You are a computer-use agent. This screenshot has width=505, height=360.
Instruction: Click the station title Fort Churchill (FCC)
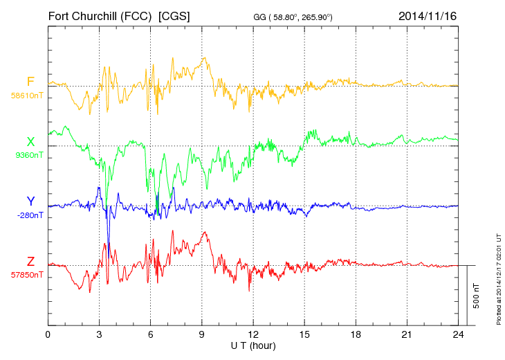pos(101,15)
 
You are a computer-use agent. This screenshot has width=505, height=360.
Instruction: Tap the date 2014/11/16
pos(428,15)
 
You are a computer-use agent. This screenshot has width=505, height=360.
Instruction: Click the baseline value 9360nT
pos(28,155)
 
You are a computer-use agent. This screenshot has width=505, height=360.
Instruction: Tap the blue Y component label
pos(30,201)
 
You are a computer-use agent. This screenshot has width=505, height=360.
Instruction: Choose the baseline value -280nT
pos(28,215)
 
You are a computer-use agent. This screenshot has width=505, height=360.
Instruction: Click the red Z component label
pos(30,262)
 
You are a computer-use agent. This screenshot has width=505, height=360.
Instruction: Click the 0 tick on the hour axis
pos(48,334)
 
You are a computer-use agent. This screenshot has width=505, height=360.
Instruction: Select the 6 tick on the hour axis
pos(150,334)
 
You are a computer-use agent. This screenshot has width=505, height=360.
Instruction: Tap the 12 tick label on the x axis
pos(253,334)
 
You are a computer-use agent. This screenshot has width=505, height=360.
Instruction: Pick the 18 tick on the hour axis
pos(356,334)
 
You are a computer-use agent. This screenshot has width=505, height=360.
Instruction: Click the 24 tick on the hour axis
pos(458,334)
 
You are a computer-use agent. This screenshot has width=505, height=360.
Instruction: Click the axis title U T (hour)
pos(253,345)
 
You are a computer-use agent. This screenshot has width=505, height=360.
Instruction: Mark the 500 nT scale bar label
pos(477,296)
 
